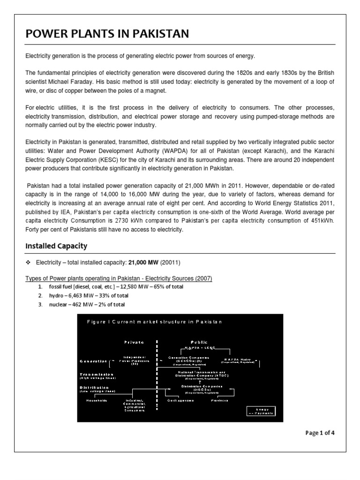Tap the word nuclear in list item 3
click(51, 304)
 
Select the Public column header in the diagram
click(199, 342)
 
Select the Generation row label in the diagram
click(93, 361)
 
